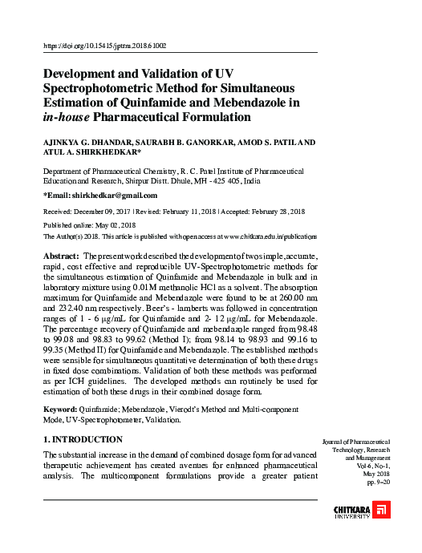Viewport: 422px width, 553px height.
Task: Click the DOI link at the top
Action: [104, 46]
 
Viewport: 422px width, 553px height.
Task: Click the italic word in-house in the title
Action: [66, 117]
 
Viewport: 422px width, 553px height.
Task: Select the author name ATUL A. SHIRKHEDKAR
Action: [91, 151]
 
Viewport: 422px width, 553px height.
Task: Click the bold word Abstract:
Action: [60, 254]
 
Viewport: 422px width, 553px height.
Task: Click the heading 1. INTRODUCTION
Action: [83, 440]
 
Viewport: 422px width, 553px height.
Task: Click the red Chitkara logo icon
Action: [383, 511]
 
